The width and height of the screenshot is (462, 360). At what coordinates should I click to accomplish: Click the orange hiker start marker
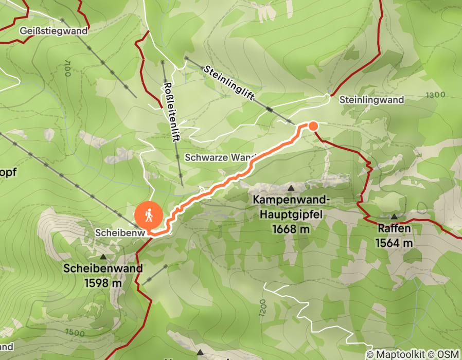(x=149, y=215)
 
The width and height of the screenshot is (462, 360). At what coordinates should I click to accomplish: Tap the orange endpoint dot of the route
(x=312, y=125)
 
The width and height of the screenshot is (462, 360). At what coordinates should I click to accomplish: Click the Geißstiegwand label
(x=54, y=31)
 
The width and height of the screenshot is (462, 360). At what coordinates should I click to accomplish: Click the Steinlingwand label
(x=371, y=100)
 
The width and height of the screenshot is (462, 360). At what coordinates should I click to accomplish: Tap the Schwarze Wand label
(x=216, y=157)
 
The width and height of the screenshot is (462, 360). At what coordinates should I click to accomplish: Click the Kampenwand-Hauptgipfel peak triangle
(x=291, y=188)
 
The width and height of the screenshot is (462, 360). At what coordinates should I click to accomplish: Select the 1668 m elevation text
(x=291, y=229)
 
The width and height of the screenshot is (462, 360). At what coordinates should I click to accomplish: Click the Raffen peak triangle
(x=394, y=217)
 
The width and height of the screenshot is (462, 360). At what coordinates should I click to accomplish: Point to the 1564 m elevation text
(x=394, y=243)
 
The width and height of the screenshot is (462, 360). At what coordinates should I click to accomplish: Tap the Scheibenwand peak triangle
(x=103, y=256)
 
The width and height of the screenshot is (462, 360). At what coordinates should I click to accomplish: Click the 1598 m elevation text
(x=103, y=282)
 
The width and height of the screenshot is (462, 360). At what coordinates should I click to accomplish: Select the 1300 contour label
(x=436, y=95)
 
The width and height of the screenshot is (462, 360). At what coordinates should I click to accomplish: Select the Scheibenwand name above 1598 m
(x=103, y=269)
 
